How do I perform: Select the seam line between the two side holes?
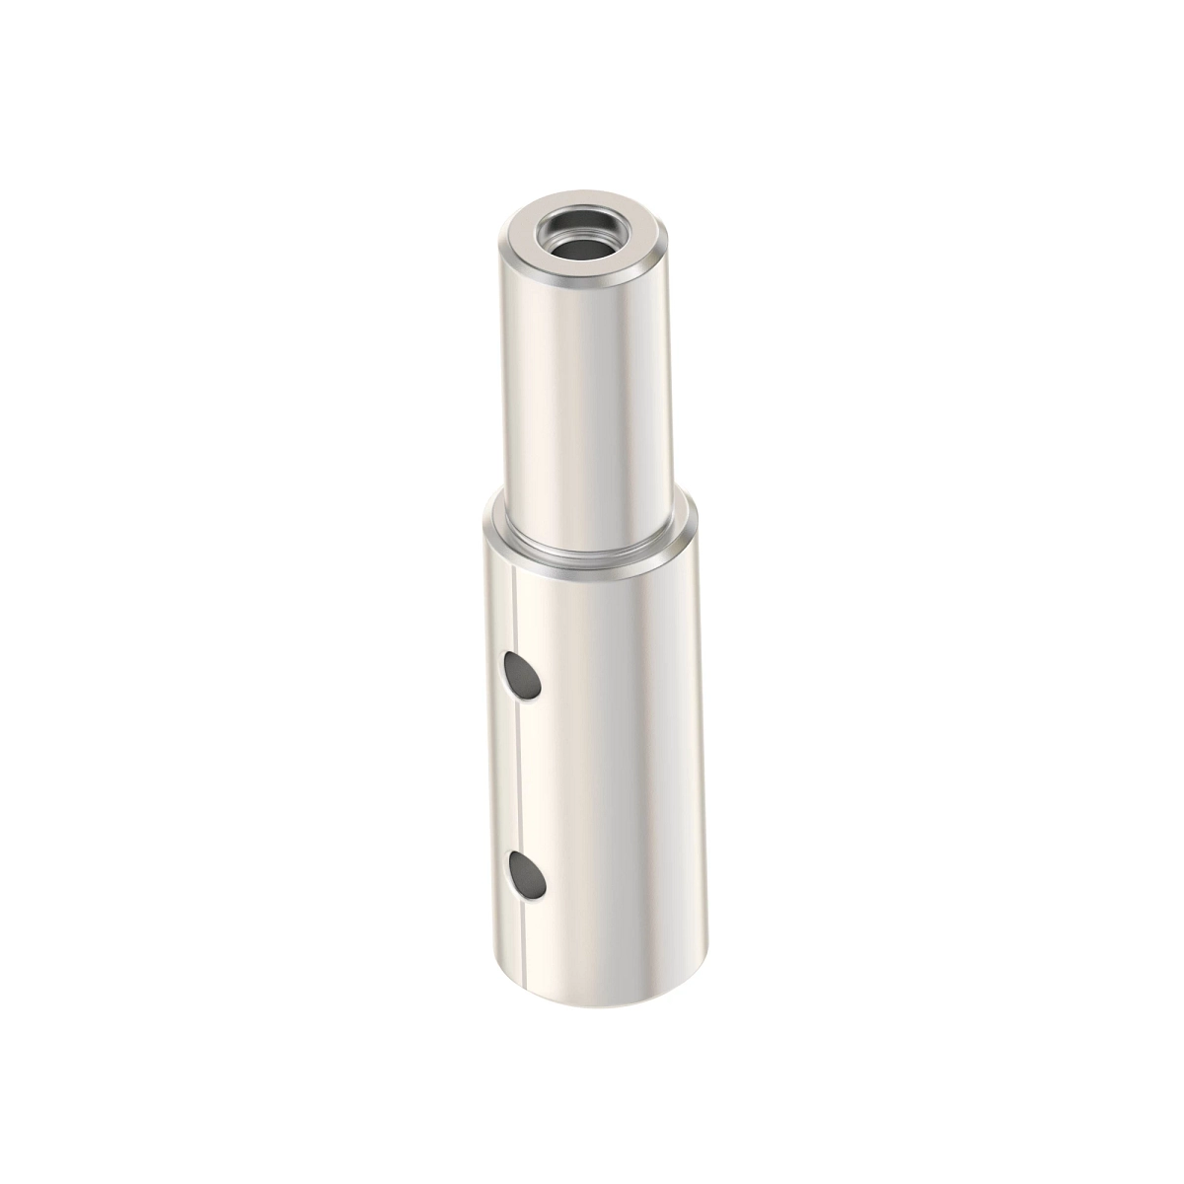[517, 779]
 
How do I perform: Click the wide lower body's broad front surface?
[612, 770]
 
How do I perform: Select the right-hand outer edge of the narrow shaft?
[659, 395]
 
